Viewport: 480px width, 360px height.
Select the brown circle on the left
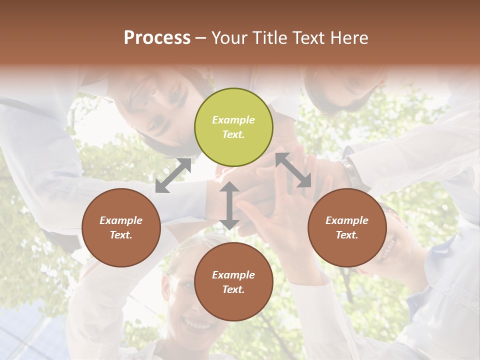(121, 227)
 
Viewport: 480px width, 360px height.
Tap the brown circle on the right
(347, 227)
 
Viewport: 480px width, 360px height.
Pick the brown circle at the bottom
(233, 282)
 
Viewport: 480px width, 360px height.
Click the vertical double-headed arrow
(229, 205)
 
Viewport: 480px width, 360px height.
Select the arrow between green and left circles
(173, 175)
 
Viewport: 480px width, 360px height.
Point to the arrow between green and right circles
(293, 170)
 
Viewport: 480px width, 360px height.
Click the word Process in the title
(157, 37)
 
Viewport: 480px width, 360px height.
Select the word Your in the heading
(228, 37)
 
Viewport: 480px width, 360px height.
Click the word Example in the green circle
(233, 120)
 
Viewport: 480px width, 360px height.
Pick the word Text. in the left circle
(121, 235)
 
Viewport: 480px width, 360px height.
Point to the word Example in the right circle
(347, 220)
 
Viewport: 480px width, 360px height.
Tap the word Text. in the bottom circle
(233, 289)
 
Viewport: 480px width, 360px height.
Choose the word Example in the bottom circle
(233, 275)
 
